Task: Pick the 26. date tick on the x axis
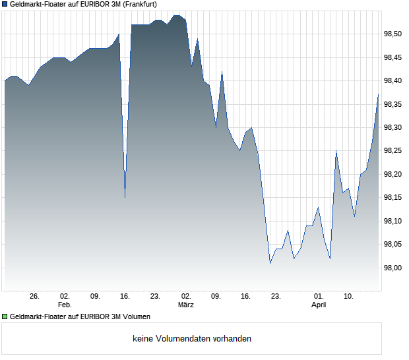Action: tap(35, 297)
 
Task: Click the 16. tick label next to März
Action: tap(246, 297)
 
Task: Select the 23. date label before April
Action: tap(276, 297)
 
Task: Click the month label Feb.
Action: tap(65, 305)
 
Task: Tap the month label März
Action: tap(186, 305)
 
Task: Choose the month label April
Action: tap(319, 305)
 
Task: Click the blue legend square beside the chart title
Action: tap(5, 4)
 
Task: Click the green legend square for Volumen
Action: tap(5, 316)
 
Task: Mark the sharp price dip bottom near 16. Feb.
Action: tap(125, 197)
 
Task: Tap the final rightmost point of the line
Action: tap(379, 94)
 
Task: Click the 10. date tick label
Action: tap(349, 297)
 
